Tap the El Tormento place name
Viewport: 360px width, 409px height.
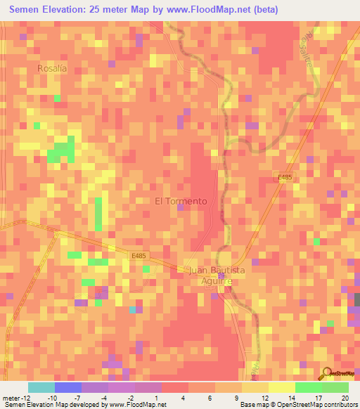(x=181, y=201)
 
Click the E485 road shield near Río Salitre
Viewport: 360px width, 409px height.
(x=285, y=178)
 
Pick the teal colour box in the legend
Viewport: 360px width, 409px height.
(x=41, y=387)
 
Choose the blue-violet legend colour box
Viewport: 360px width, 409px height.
(x=67, y=387)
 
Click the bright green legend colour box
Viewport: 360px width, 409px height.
(x=308, y=387)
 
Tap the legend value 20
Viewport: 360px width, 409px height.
(x=345, y=397)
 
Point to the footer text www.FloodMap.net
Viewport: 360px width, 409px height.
(x=138, y=405)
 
